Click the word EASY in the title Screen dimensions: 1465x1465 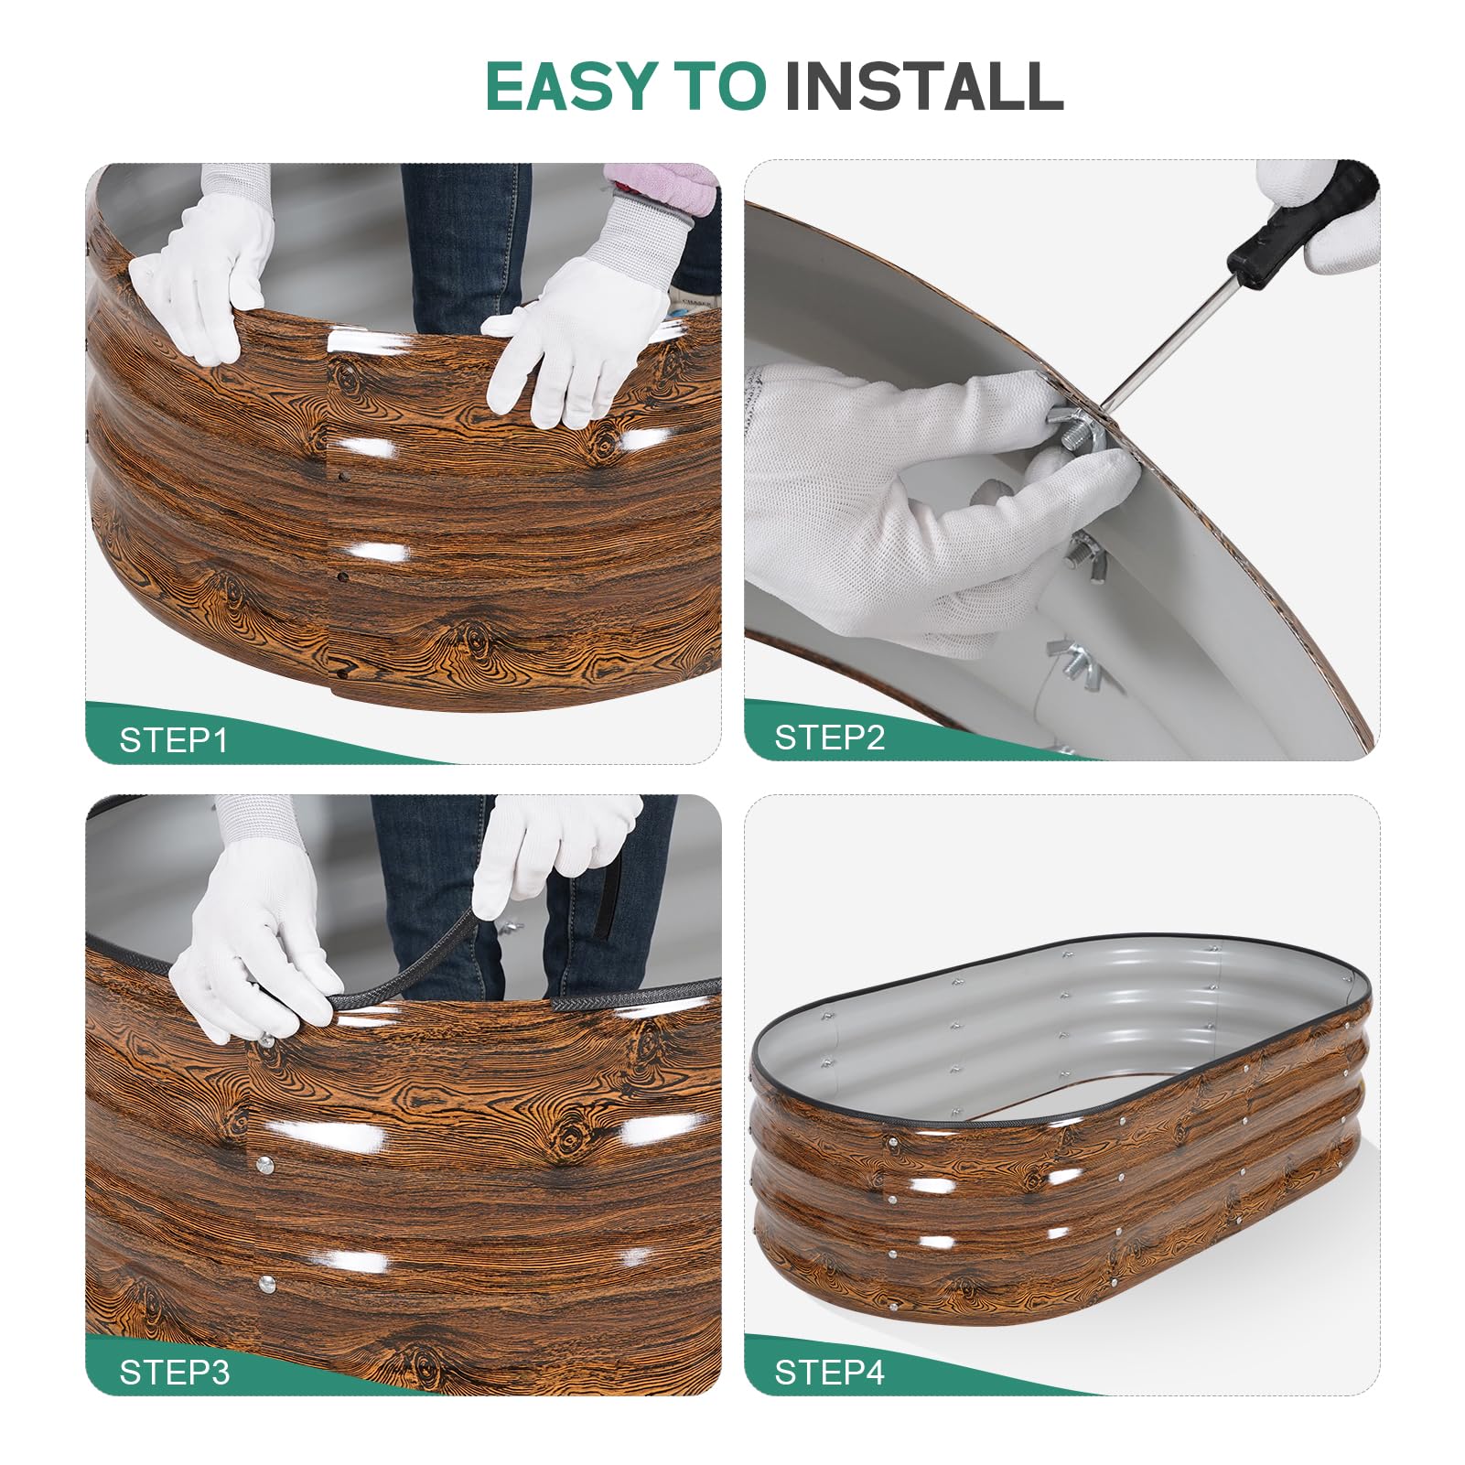[x=572, y=87]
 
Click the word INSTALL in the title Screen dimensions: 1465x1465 [x=923, y=87]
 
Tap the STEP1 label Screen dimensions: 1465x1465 [x=174, y=739]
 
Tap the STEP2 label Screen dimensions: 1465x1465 [x=830, y=737]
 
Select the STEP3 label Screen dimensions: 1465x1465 [x=175, y=1372]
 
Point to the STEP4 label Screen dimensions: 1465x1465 [x=830, y=1372]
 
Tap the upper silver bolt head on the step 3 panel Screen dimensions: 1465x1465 [x=264, y=1165]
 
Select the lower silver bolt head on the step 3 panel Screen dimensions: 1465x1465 [x=267, y=1283]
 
